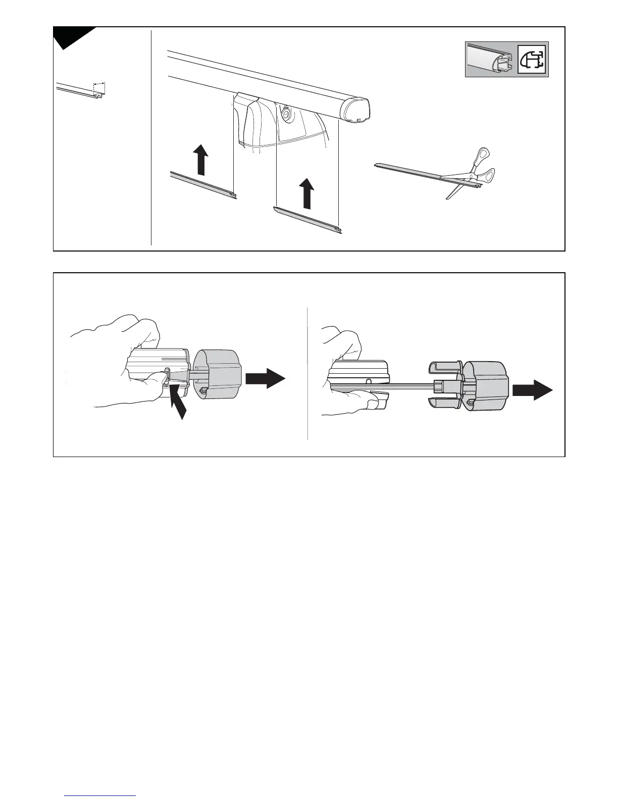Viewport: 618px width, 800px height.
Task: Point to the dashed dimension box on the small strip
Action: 99,89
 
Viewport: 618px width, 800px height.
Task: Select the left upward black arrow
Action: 201,159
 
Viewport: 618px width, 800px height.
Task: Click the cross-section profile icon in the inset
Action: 533,60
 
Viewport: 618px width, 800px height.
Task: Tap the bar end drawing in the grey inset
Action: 490,60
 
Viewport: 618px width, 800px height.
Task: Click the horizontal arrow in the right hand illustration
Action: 533,390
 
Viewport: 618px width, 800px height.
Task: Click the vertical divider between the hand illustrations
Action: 307,374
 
